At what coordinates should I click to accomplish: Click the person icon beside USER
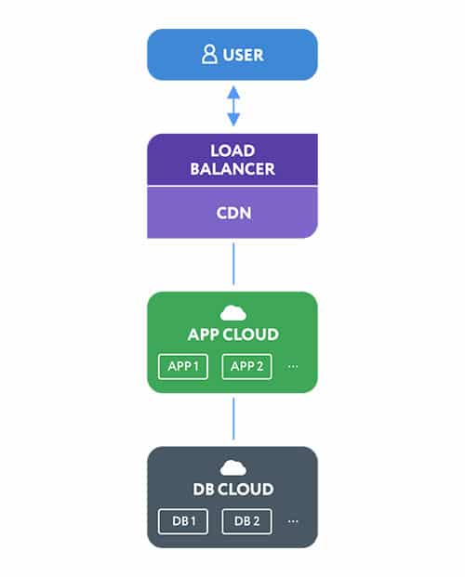(209, 55)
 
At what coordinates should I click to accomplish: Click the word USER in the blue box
(243, 55)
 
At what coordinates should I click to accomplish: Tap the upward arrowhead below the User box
(233, 92)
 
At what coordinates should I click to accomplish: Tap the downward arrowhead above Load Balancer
(233, 120)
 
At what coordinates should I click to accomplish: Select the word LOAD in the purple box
(232, 151)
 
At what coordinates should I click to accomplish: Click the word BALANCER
(232, 169)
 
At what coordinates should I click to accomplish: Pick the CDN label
(234, 213)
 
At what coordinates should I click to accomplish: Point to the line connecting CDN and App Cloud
(233, 264)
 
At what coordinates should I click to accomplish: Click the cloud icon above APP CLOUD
(233, 313)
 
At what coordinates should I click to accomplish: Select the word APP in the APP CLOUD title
(204, 334)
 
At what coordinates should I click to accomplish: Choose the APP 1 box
(183, 366)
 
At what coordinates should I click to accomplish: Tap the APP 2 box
(246, 366)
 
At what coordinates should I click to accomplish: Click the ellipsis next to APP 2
(293, 366)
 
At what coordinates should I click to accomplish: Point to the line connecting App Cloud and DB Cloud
(233, 419)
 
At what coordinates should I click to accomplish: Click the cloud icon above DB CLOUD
(233, 467)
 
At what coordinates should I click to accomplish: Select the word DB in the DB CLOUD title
(204, 490)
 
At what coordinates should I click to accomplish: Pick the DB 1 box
(183, 521)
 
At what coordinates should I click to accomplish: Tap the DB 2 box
(246, 521)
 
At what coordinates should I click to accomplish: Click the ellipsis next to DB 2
(293, 521)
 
